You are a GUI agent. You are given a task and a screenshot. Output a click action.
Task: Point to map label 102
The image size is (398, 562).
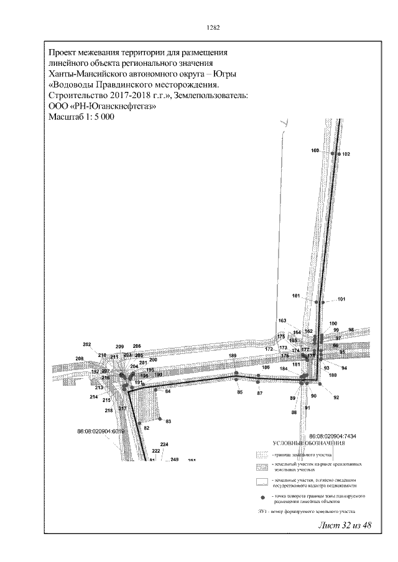coord(346,154)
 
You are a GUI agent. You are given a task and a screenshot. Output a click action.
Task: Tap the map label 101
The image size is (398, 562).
coord(341,299)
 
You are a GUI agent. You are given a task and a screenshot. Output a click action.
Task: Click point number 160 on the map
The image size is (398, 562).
coord(315,151)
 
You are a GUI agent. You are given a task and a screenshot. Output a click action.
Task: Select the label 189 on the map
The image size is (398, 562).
coord(233,355)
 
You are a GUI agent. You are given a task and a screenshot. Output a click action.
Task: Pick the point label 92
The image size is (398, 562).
coord(336,397)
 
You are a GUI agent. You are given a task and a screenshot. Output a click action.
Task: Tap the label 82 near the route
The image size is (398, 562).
coord(147,428)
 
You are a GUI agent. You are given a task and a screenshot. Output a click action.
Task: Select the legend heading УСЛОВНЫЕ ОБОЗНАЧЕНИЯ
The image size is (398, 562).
coord(308,443)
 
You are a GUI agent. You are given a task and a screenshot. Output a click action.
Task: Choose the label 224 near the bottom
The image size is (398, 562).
coord(164,445)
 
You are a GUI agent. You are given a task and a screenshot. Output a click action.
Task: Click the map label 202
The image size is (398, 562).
coord(87,345)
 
